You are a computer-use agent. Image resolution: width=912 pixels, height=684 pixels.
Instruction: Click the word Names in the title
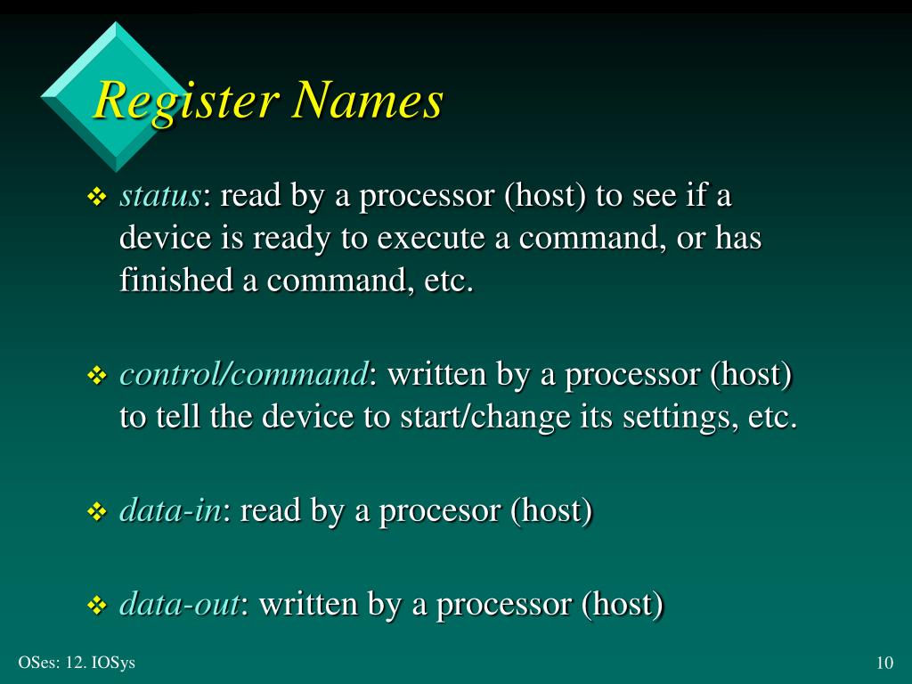[x=369, y=100]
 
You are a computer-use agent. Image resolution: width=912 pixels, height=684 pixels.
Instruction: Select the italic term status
[x=160, y=195]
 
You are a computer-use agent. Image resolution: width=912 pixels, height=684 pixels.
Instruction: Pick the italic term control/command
[x=243, y=375]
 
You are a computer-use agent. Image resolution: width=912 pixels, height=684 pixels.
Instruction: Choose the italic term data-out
[x=179, y=605]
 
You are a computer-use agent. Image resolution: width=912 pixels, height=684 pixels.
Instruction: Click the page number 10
[x=884, y=663]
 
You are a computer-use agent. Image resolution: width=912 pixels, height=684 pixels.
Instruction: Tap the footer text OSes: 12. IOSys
[x=77, y=663]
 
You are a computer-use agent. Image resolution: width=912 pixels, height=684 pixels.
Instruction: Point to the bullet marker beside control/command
[x=96, y=378]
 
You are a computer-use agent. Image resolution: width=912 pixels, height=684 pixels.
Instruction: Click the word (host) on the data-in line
[x=551, y=511]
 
